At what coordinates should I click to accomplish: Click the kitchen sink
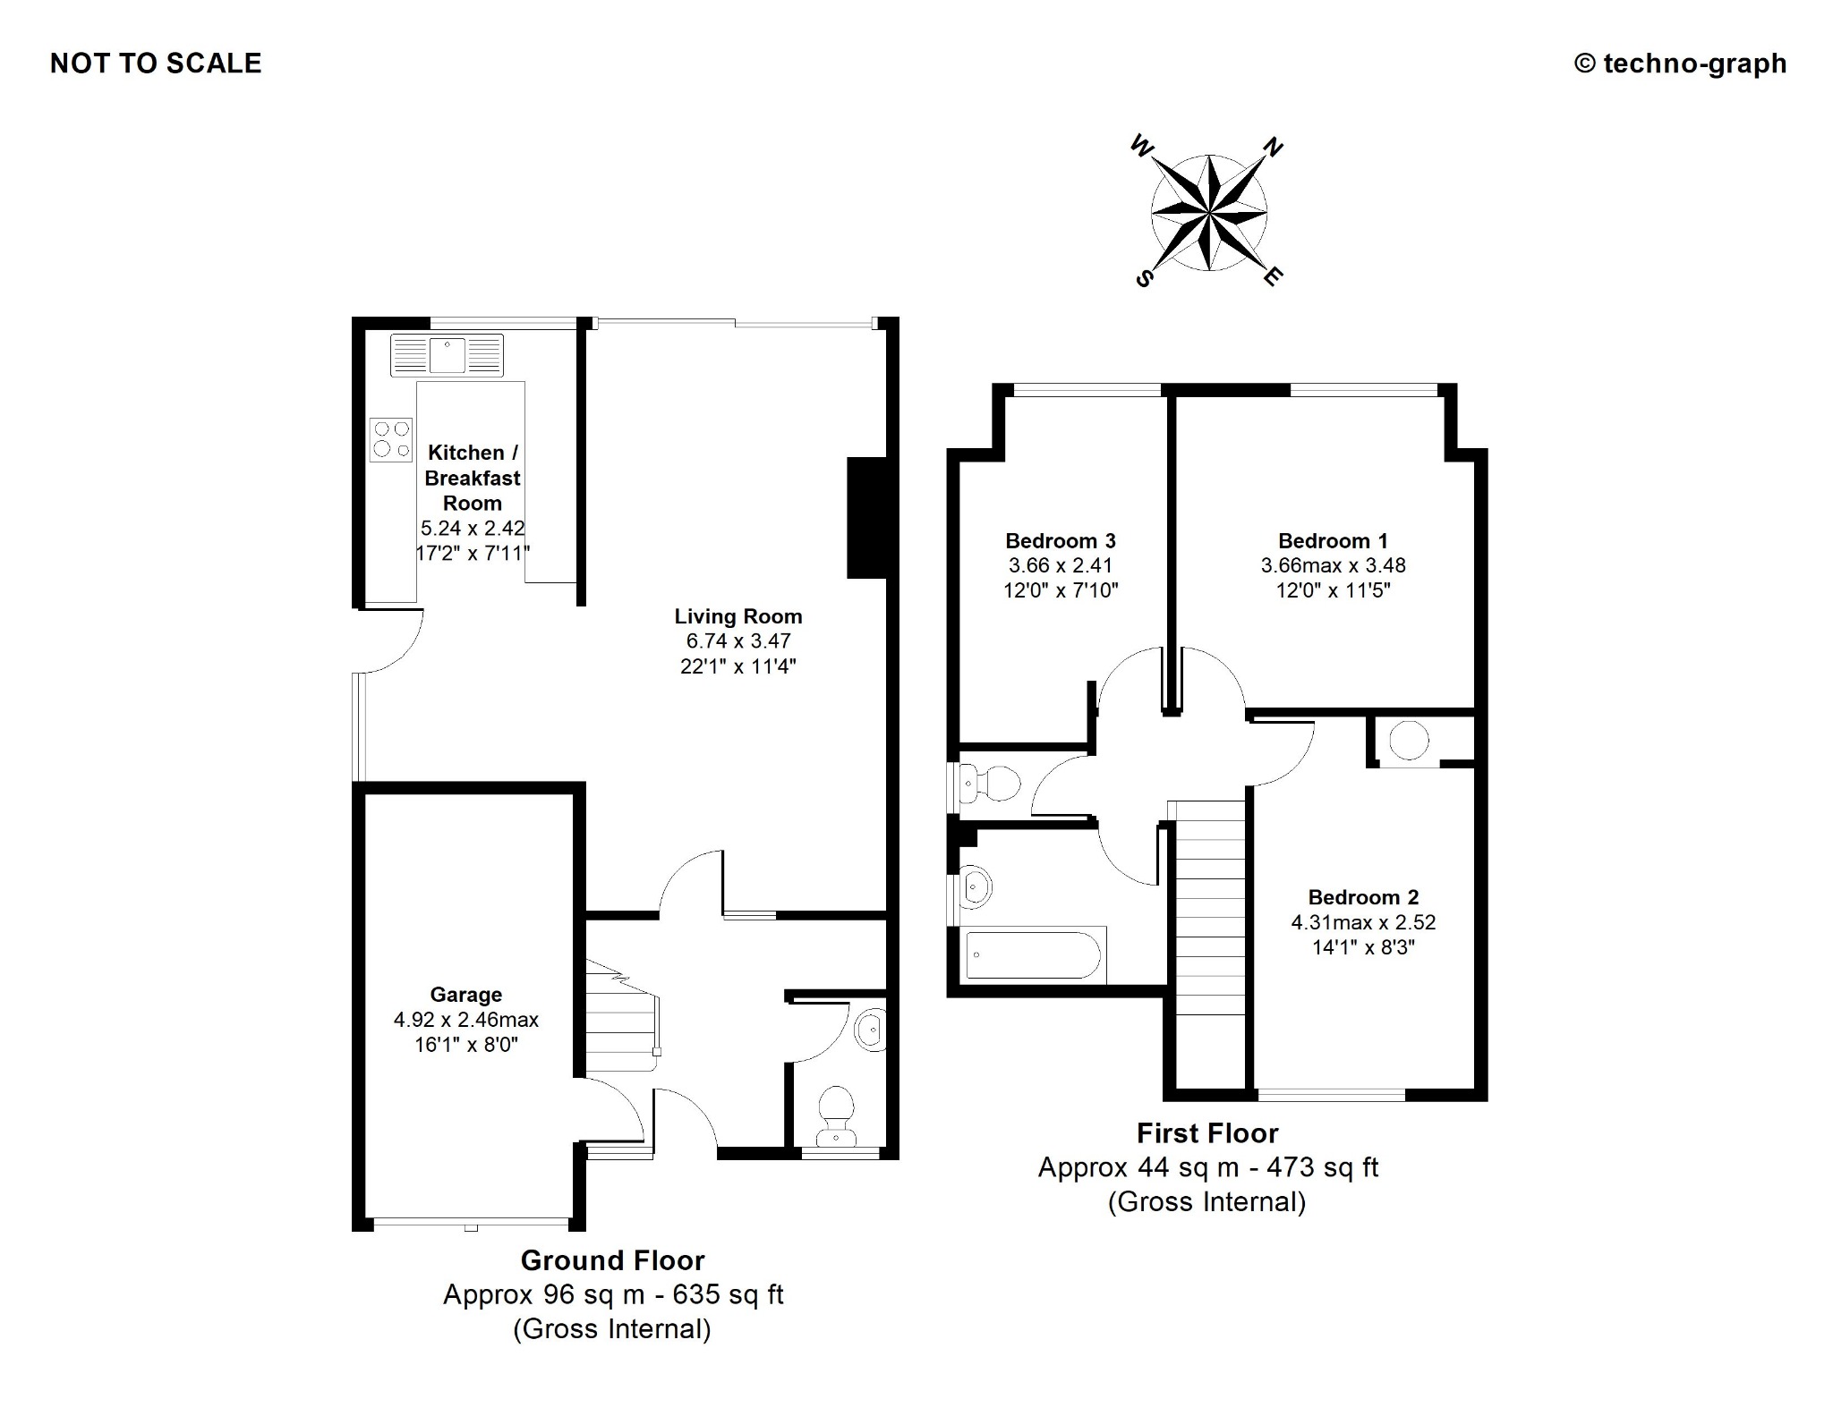[x=447, y=355]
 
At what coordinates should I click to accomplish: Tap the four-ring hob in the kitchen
[x=391, y=440]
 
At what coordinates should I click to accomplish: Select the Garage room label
[x=466, y=995]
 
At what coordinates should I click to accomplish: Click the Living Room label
[x=738, y=616]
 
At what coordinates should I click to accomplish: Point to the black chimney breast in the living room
[x=866, y=518]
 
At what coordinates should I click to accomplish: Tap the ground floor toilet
[x=836, y=1115]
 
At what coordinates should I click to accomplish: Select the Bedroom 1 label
[x=1333, y=541]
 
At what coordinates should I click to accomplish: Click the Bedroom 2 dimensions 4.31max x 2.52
[x=1363, y=922]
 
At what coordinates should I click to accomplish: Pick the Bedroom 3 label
[x=1061, y=541]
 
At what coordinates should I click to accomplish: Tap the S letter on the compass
[x=1143, y=279]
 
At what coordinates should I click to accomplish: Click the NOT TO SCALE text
[x=156, y=64]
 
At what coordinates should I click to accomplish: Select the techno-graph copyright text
[x=1680, y=64]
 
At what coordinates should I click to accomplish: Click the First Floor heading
[x=1207, y=1133]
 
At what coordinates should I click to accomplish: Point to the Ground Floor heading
[x=613, y=1260]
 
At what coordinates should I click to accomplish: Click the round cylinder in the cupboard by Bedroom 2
[x=1409, y=740]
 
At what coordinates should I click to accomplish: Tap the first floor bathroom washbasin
[x=975, y=887]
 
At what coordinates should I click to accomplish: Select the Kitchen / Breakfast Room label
[x=472, y=478]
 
